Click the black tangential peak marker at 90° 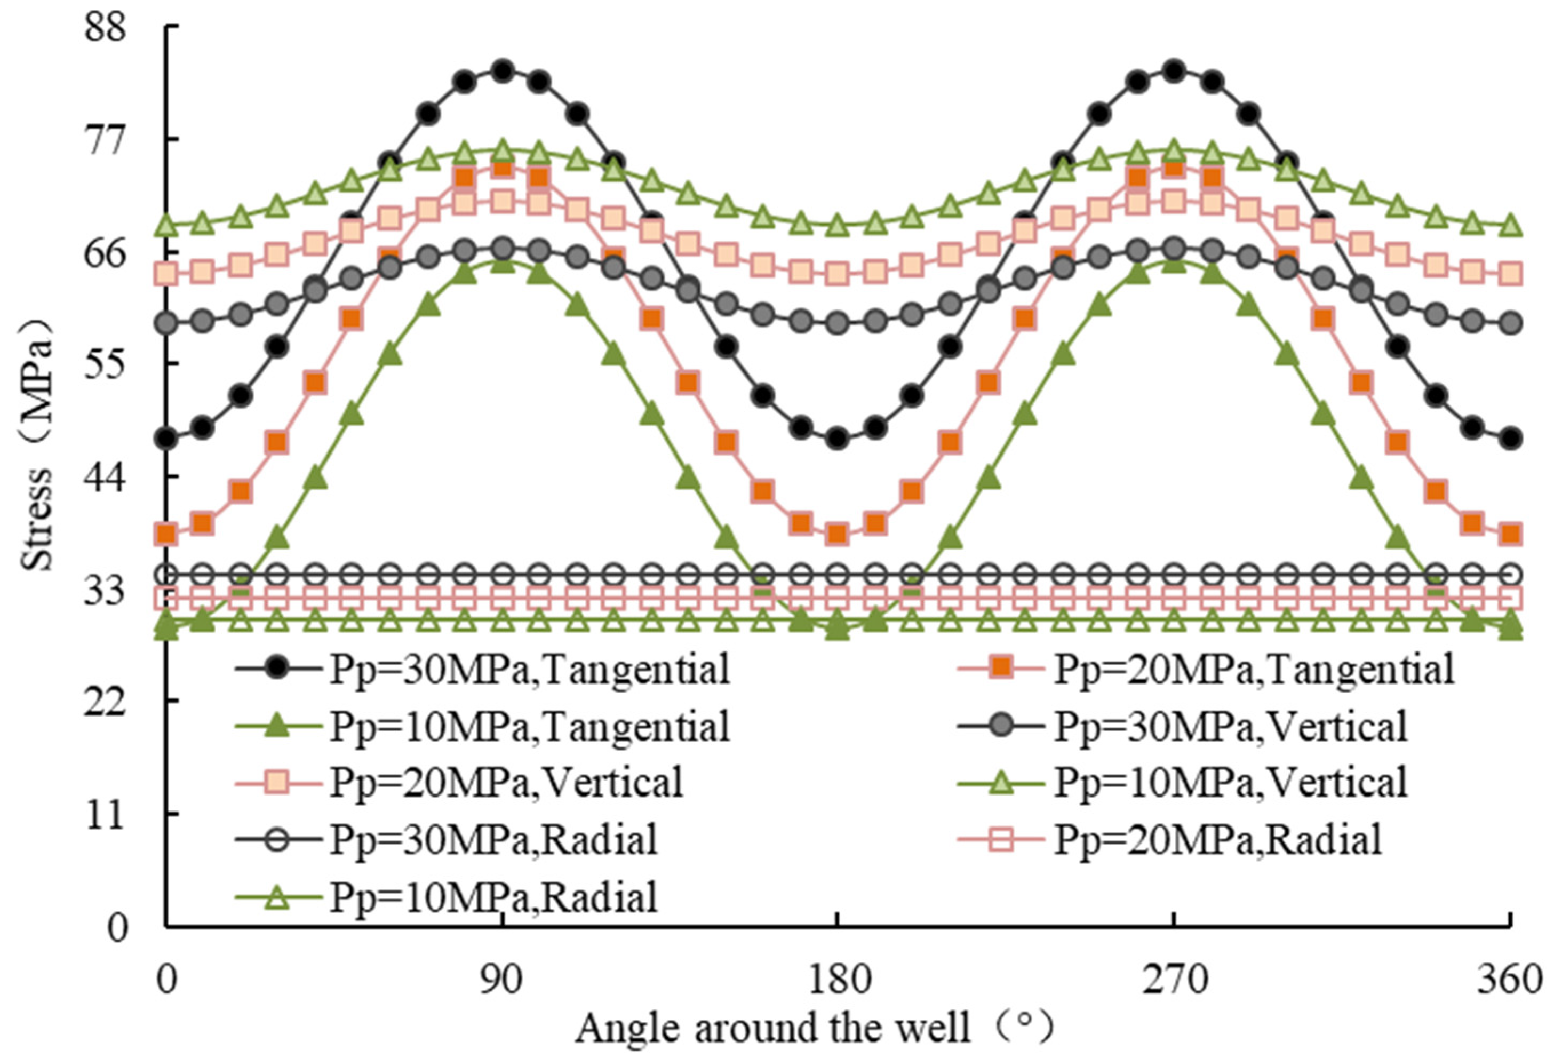[x=503, y=70]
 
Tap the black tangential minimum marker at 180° [x=836, y=440]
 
